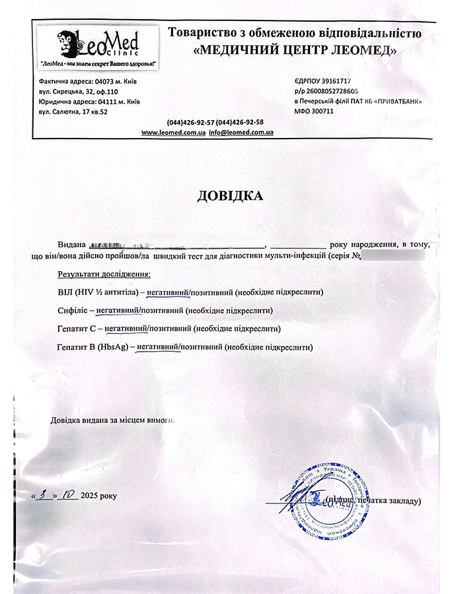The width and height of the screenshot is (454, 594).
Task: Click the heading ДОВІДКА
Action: (x=229, y=196)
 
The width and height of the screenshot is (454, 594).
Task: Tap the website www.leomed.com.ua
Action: (x=173, y=132)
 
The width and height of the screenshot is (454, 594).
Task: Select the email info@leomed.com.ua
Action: (x=241, y=132)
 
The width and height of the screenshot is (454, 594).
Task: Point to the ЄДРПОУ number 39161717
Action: (x=337, y=81)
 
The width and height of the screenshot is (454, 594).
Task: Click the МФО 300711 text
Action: (x=314, y=112)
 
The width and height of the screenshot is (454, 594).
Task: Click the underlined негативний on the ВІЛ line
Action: (x=168, y=292)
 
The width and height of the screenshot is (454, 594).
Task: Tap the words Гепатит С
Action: (x=77, y=328)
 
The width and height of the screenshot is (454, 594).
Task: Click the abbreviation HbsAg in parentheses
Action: (x=112, y=346)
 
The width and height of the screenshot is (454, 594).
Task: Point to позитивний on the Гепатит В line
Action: (x=201, y=346)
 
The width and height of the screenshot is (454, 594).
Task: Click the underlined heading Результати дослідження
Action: (x=104, y=273)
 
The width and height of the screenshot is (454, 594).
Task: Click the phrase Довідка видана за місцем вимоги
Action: (x=113, y=420)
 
